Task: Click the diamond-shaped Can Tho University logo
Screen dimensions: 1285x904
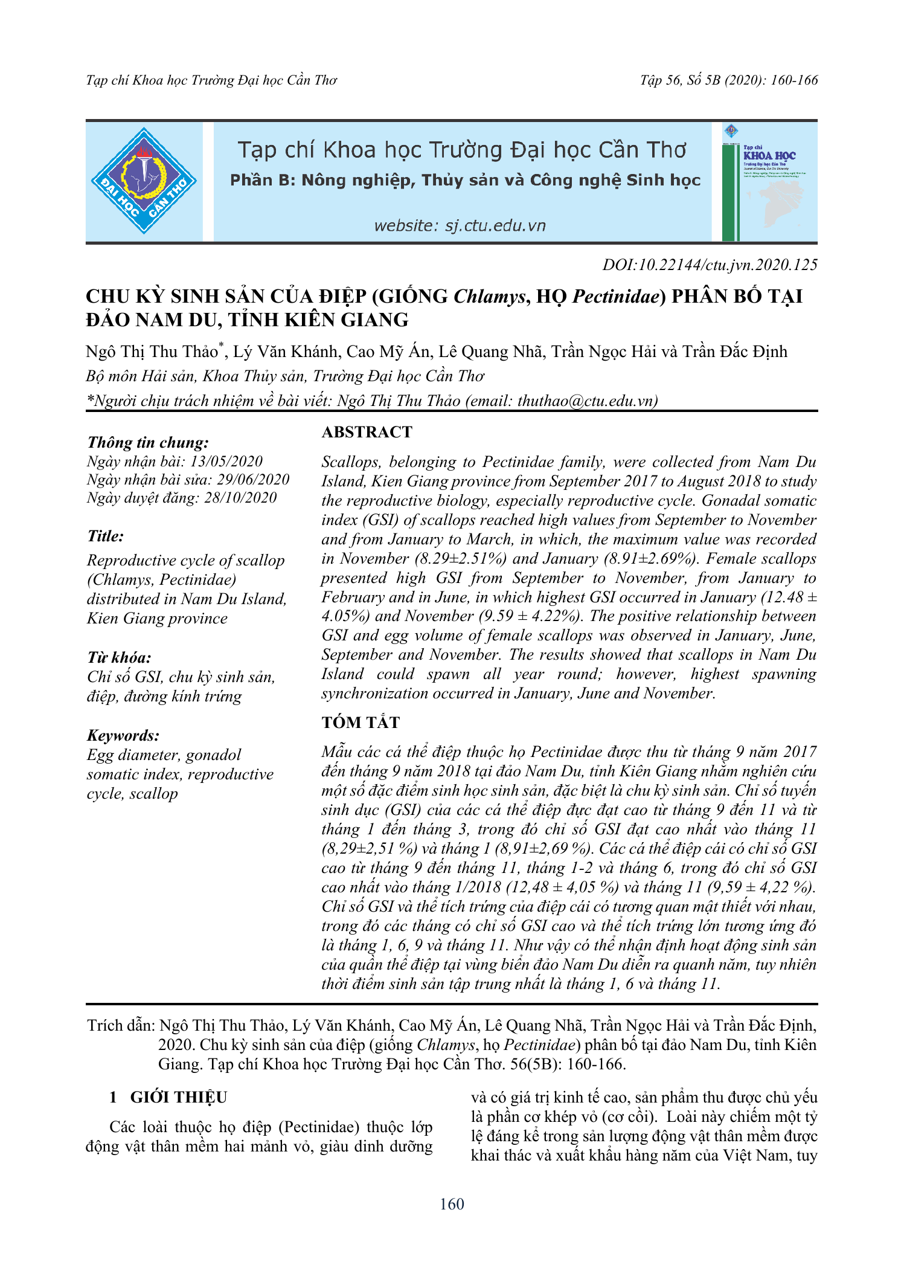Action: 144,181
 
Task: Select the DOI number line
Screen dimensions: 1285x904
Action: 710,265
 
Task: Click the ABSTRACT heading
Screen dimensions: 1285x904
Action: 367,432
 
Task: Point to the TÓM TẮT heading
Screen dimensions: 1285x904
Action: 361,723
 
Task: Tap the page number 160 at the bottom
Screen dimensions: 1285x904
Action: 452,1204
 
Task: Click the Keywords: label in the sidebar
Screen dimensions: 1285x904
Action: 123,735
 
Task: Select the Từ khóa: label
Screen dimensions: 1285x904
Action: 119,657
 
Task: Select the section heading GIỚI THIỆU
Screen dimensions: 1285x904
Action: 179,1097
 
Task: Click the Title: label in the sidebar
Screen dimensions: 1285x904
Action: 106,536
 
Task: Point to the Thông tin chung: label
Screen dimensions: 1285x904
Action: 148,442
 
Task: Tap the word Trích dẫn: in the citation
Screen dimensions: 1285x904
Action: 122,1025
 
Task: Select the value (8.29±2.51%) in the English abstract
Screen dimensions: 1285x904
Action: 461,558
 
